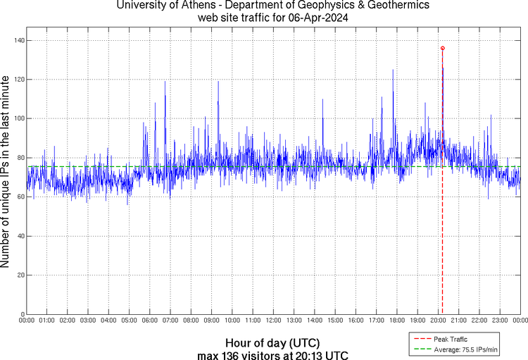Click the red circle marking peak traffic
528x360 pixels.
coord(442,48)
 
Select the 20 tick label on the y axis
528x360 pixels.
coord(20,275)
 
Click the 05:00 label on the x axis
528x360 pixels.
coord(129,321)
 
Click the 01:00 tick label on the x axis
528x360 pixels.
coord(46,321)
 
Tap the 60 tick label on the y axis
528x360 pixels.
coord(20,197)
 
